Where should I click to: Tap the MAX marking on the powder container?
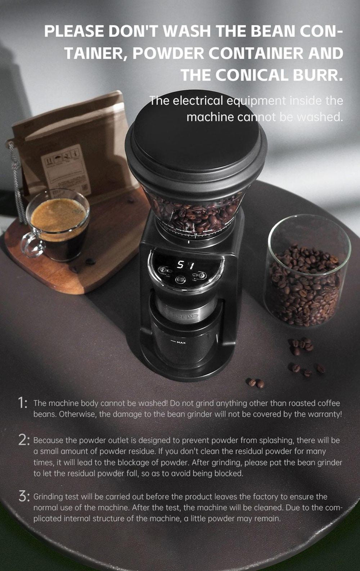[x=181, y=342]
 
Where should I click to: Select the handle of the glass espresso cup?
[x=31, y=245]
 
